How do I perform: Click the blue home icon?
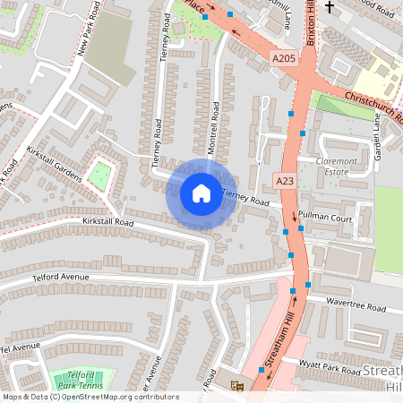click(201, 193)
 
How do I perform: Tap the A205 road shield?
click(283, 58)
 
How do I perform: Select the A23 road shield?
click(285, 181)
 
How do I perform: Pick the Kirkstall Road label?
click(107, 221)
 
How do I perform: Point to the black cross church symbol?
click(329, 8)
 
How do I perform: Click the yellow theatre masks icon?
click(236, 385)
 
